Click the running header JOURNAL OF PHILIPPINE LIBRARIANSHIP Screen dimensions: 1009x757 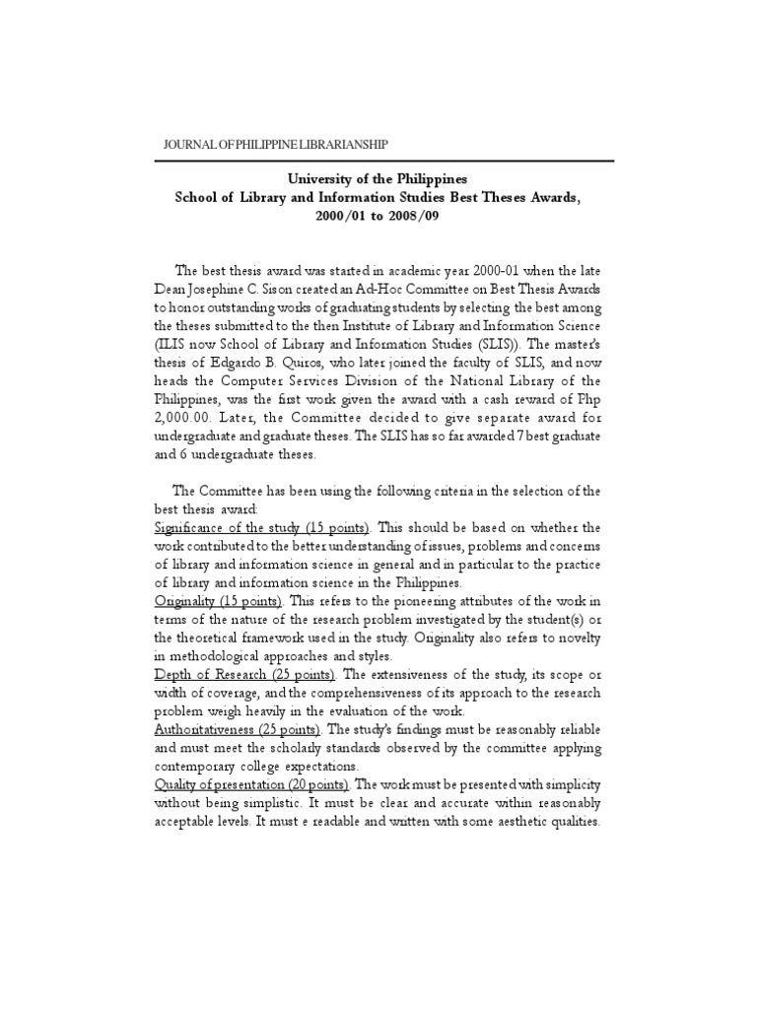click(x=275, y=145)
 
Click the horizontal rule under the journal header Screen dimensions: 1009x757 click(x=384, y=162)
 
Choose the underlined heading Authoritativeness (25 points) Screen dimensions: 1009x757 click(x=239, y=730)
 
